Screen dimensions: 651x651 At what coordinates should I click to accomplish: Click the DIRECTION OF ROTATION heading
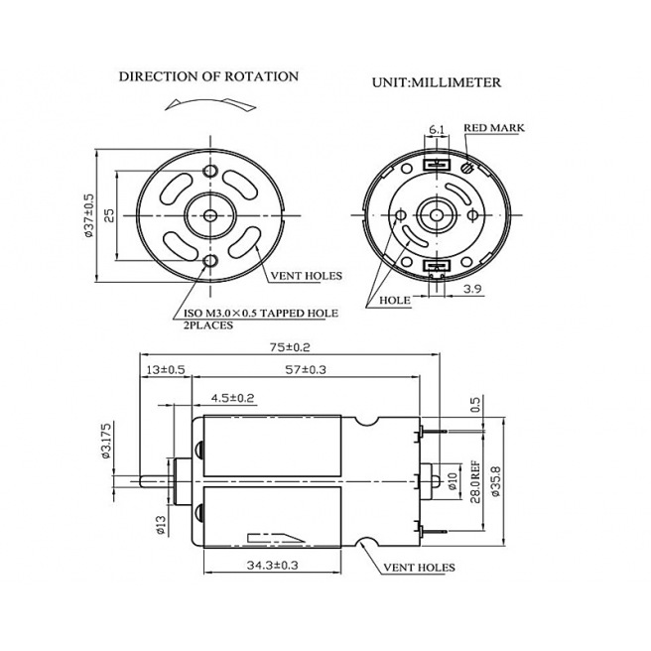(x=208, y=76)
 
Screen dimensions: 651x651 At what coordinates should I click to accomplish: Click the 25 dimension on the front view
(x=109, y=214)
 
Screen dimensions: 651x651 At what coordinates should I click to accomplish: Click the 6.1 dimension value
(x=436, y=129)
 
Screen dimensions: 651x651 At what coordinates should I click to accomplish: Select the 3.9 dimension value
(x=473, y=289)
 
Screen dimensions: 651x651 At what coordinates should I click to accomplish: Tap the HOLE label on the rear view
(x=394, y=299)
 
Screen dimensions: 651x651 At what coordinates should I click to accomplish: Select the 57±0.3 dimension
(x=307, y=370)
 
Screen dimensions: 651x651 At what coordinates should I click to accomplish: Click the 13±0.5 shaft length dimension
(x=165, y=370)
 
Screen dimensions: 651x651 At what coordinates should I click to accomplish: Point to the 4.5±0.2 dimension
(x=232, y=398)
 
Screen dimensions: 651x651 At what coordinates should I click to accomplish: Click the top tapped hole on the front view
(x=209, y=172)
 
